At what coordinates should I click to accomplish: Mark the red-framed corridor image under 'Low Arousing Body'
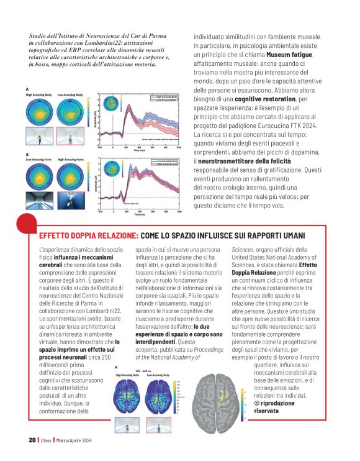tap(73, 137)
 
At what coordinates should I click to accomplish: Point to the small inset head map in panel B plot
tap(112, 167)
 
